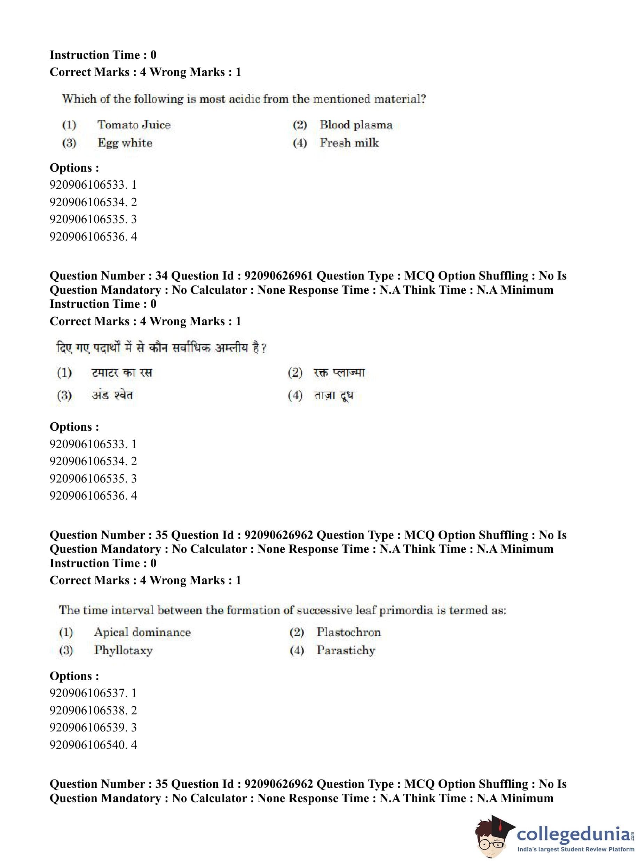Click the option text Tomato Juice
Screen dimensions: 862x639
pos(134,125)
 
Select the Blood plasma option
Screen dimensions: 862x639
pos(356,125)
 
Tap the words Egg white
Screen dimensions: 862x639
pos(125,143)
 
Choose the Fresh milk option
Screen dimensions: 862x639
pos(349,143)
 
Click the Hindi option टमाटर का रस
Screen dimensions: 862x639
pos(122,373)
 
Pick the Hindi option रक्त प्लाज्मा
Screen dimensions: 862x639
pos(339,373)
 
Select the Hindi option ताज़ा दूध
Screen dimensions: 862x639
pos(333,395)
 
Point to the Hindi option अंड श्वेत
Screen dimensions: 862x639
pos(112,395)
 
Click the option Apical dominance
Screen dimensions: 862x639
pos(142,632)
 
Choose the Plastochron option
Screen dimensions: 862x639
pos(348,632)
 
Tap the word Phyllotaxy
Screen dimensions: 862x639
pos(124,650)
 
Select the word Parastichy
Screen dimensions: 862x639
pos(346,650)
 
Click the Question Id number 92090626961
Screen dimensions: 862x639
pos(278,276)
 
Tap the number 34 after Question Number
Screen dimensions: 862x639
pos(161,276)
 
